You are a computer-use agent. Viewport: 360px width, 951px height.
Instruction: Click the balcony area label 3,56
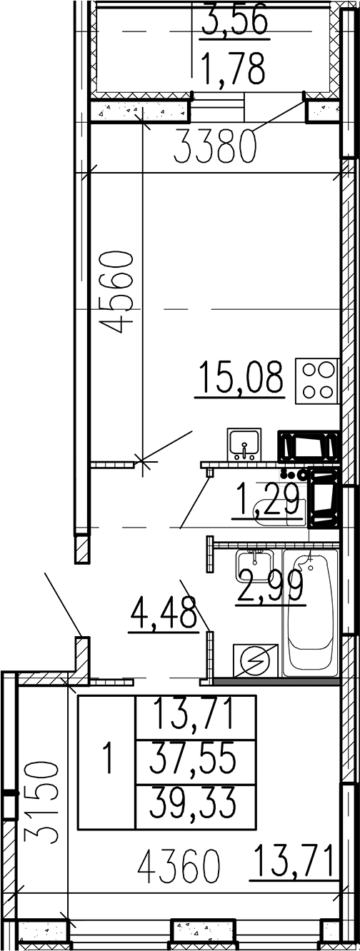pos(234,19)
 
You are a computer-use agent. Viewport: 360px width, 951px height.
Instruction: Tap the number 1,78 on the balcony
pos(234,67)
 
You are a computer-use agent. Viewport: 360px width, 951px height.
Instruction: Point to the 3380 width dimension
pos(216,146)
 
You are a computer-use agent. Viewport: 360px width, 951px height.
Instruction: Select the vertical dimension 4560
pos(116,292)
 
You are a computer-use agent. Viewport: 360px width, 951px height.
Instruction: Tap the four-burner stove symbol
pos(321,381)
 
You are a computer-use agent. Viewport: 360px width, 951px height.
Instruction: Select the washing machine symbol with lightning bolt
pos(256,660)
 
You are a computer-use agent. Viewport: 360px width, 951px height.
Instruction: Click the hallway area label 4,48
pos(164,614)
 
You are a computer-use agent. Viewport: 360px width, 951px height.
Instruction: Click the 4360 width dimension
pos(180,865)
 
